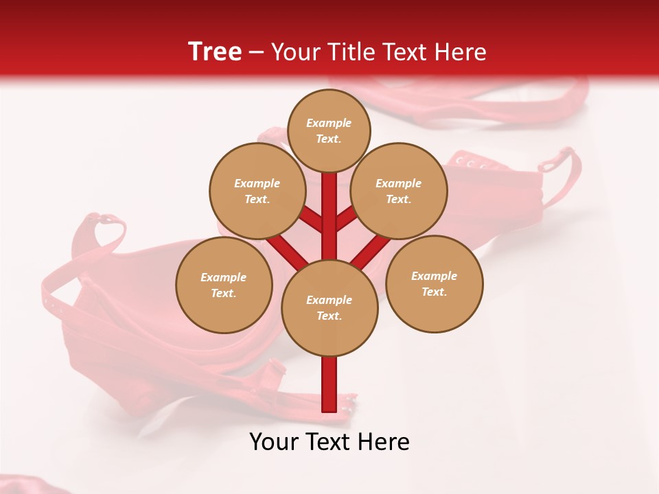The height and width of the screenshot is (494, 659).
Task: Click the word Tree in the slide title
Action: pyautogui.click(x=215, y=52)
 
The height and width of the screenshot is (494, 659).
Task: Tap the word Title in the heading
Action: pyautogui.click(x=349, y=52)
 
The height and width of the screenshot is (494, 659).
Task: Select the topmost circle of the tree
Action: pyautogui.click(x=329, y=130)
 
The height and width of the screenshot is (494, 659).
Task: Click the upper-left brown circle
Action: pyautogui.click(x=257, y=191)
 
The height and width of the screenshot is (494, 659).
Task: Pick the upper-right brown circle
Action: pyautogui.click(x=399, y=191)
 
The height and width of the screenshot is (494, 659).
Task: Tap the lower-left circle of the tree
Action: pyautogui.click(x=224, y=285)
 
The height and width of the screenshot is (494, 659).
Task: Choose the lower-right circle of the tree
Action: pyautogui.click(x=435, y=283)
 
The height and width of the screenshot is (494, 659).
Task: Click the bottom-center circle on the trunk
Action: pyautogui.click(x=329, y=307)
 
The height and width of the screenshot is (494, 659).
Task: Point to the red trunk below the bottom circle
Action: pyautogui.click(x=329, y=384)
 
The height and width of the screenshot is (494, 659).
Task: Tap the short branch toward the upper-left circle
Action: pyautogui.click(x=312, y=221)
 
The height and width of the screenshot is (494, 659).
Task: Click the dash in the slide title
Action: pyautogui.click(x=256, y=53)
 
